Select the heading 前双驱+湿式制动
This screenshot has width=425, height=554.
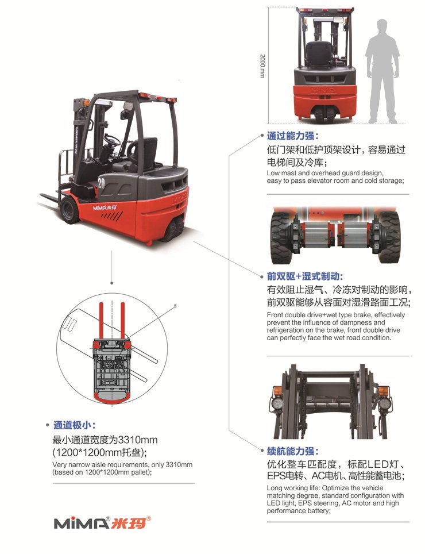point(304,276)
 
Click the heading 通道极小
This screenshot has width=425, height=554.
point(74,426)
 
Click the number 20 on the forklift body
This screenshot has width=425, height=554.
point(101,183)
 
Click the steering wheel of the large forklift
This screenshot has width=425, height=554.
point(112,140)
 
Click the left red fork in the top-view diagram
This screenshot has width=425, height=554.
point(101,320)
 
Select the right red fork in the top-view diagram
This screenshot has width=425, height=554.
point(123,320)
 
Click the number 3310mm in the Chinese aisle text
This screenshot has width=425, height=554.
point(136,440)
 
